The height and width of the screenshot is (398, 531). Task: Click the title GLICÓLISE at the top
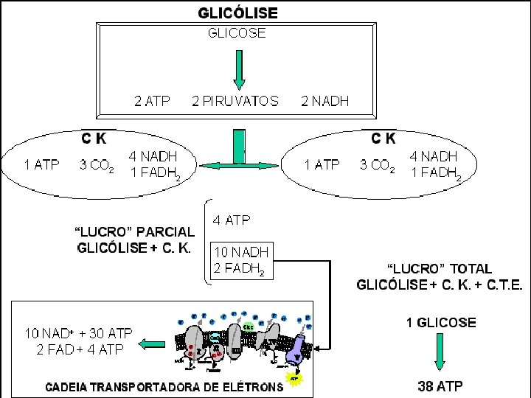[x=238, y=13]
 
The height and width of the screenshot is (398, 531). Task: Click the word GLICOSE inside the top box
[x=237, y=32]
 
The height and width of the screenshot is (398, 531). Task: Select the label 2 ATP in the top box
[x=151, y=102]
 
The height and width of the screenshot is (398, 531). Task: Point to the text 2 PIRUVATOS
[x=235, y=102]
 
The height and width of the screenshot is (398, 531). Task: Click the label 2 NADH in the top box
[x=325, y=102]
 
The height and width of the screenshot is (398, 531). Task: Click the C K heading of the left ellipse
[x=94, y=138]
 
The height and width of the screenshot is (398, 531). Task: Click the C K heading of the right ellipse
[x=383, y=138]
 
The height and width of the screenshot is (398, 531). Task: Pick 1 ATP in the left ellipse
[x=41, y=165]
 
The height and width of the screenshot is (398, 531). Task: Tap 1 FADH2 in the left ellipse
[x=154, y=174]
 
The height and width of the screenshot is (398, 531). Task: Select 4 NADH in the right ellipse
[x=434, y=156]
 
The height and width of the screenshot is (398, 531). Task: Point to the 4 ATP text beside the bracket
[x=232, y=220]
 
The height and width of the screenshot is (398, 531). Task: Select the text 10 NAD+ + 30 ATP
[x=80, y=333]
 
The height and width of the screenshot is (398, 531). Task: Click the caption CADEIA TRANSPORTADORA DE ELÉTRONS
[x=164, y=385]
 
